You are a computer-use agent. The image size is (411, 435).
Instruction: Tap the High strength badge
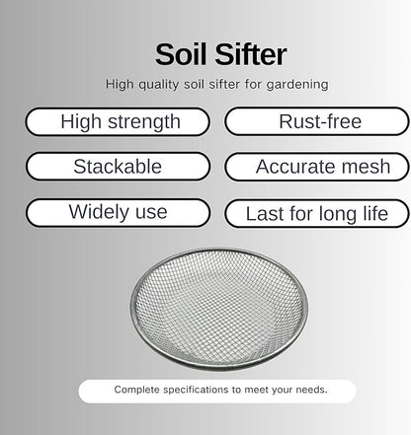pos(120,122)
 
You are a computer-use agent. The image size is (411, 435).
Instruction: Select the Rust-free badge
pos(316,122)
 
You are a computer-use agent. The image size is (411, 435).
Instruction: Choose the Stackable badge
pos(118,167)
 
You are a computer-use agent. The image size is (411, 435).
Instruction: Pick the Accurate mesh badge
pos(316,167)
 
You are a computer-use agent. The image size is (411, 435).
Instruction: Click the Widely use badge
pos(118,212)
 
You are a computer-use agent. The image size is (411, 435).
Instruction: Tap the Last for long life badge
pos(316,213)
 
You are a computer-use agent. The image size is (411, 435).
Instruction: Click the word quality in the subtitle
pos(156,85)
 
